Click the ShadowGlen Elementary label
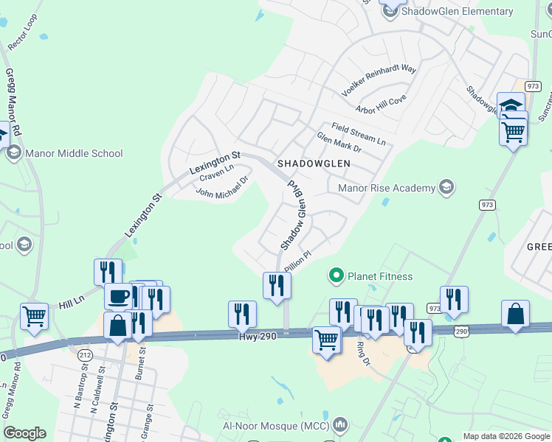coord(458,11)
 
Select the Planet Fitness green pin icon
coord(337,276)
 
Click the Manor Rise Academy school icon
coord(446,187)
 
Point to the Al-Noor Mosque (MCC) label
coord(276,426)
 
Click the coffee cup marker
coord(118,298)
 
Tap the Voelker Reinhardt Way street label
coord(379,81)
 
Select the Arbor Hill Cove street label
coord(381,104)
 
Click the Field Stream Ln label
coord(358,133)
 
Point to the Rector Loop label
coord(22,32)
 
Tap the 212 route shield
coord(83,355)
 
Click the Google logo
coord(24,433)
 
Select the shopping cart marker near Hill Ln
coord(34,318)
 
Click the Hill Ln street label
coord(74,302)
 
